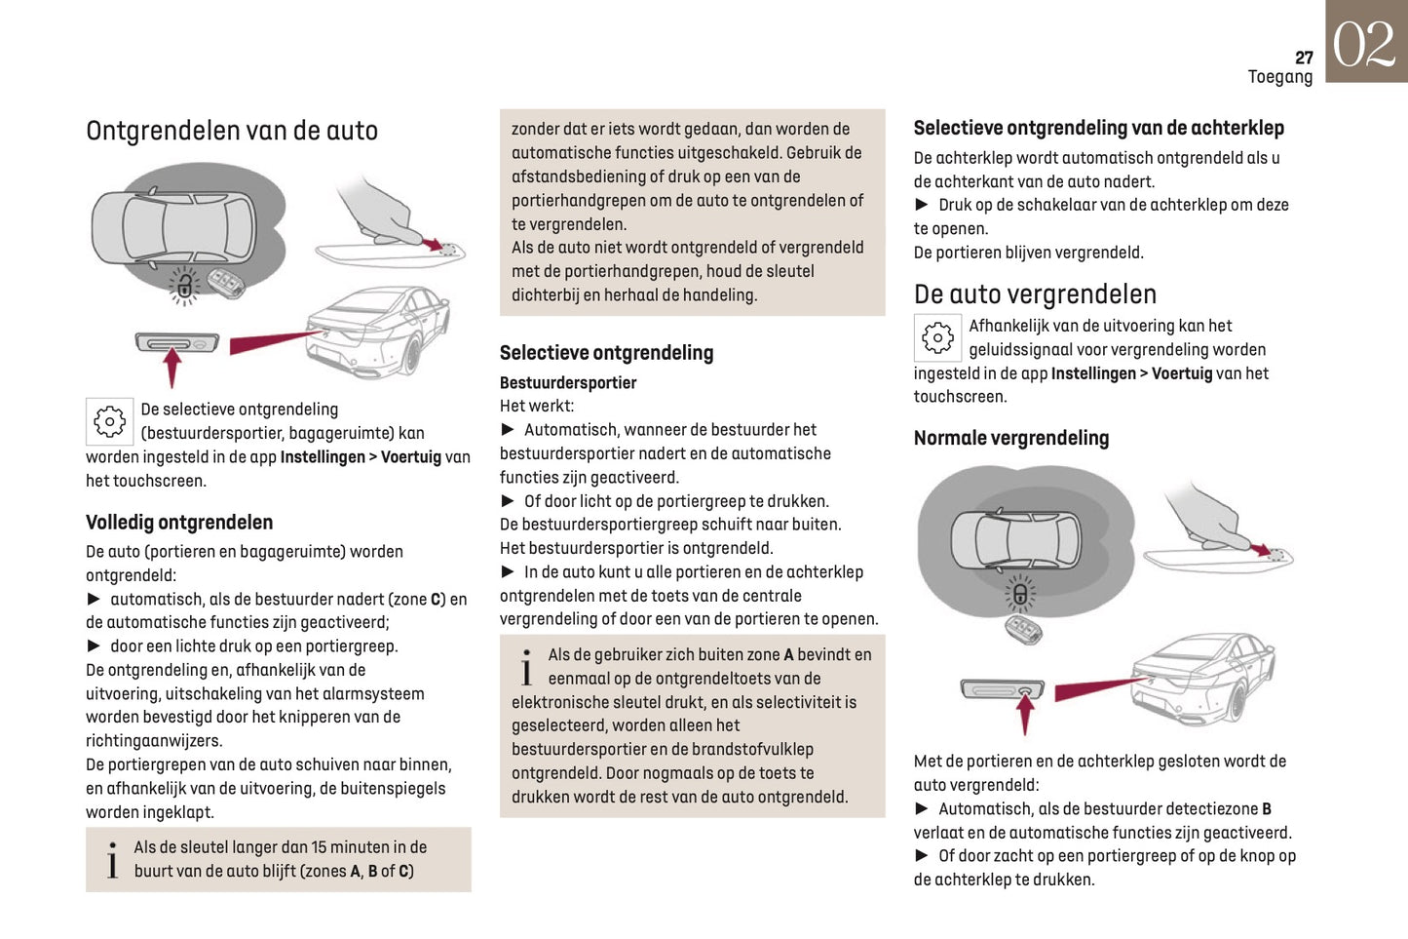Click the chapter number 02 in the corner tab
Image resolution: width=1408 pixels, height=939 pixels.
coord(1364,44)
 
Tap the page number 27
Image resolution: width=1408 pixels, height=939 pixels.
coord(1304,58)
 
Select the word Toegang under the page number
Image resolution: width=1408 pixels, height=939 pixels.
coord(1279,77)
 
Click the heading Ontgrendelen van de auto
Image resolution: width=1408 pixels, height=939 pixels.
coord(232,131)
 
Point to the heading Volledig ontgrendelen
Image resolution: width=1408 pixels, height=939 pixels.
coord(179,523)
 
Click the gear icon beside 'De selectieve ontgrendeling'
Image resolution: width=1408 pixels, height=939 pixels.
coord(109,421)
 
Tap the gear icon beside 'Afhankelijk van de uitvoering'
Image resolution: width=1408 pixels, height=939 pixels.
coord(937,337)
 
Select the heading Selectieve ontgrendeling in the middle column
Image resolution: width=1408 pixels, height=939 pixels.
coord(606,353)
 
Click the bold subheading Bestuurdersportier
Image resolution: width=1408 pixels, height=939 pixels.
coord(568,382)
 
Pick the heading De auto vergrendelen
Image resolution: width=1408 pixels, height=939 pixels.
coord(1035,294)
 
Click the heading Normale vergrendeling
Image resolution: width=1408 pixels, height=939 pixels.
coord(1010,439)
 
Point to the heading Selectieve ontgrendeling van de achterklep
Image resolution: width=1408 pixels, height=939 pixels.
coord(1098,128)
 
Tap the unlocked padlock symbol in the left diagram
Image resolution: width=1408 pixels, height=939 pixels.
coord(184,286)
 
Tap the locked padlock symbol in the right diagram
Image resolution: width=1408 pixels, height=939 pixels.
coord(1020,594)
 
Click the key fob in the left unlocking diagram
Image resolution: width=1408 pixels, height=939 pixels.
coord(226,285)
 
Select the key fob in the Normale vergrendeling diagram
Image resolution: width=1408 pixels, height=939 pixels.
coord(1023,628)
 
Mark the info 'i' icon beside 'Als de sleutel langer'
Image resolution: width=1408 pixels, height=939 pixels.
coord(112,860)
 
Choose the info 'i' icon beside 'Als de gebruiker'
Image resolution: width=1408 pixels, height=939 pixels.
coord(526,668)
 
